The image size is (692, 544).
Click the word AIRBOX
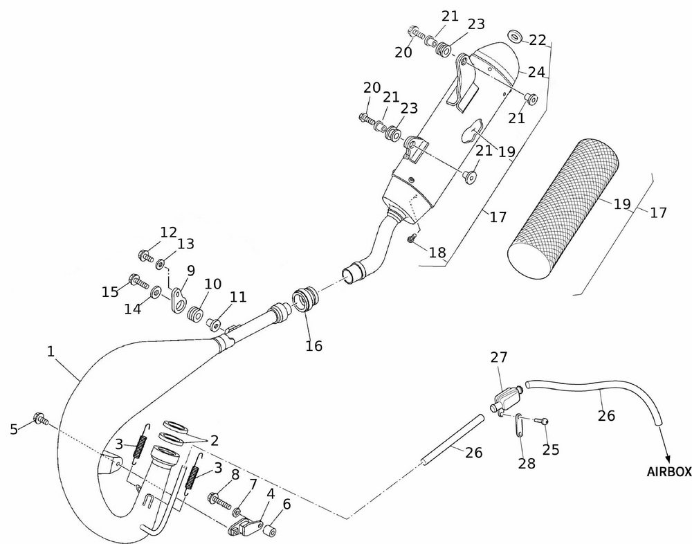(669, 472)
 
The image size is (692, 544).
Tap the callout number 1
(51, 352)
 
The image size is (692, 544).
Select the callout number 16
(314, 345)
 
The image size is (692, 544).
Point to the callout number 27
(499, 357)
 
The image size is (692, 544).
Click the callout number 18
(437, 253)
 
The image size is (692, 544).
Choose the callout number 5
(14, 429)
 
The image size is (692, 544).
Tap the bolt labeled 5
(39, 419)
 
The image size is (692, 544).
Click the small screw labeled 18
(411, 239)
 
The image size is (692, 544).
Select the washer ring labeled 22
(513, 35)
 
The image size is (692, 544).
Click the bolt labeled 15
(136, 282)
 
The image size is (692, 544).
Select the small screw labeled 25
(543, 420)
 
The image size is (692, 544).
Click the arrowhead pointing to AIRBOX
(667, 459)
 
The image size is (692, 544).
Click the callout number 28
(527, 464)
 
